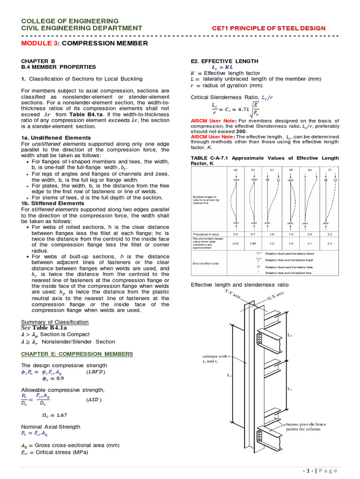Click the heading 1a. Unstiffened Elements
click(56, 138)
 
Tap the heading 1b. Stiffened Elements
click(53, 203)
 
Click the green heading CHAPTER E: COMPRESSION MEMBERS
click(77, 354)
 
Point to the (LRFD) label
click(97, 372)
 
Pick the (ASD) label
click(94, 400)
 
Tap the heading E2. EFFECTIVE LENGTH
click(225, 61)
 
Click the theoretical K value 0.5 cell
click(235, 234)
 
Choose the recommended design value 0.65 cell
click(235, 243)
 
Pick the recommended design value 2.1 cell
click(309, 243)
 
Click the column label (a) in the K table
click(235, 170)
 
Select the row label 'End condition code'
click(205, 263)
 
